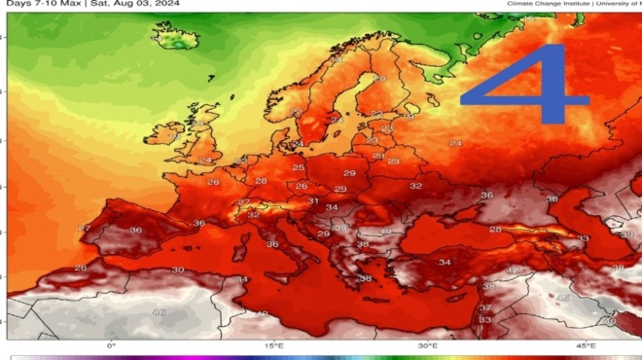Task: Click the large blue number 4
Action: click(x=525, y=88)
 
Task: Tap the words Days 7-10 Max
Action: click(x=39, y=4)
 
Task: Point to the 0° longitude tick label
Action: click(x=111, y=345)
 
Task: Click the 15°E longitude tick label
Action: click(x=274, y=345)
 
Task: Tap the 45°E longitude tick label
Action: click(x=585, y=345)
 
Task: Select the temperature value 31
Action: click(x=313, y=201)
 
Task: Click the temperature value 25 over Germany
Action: click(x=299, y=167)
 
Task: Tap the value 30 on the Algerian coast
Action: click(x=177, y=270)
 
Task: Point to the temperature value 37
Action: click(x=485, y=307)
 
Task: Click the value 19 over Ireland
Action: click(x=174, y=138)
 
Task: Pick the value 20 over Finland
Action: click(x=378, y=78)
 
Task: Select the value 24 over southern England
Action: click(x=205, y=161)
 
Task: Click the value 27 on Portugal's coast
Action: click(x=84, y=229)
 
